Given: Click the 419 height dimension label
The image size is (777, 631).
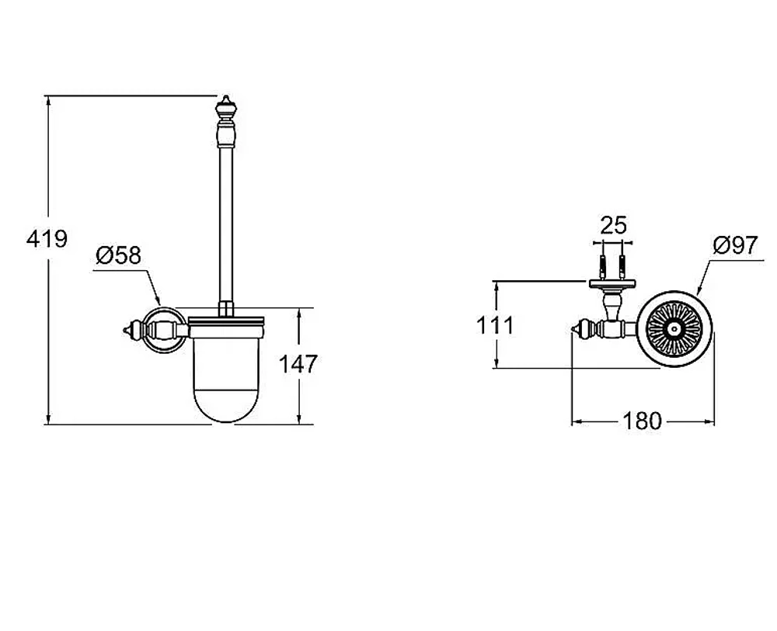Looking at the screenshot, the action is pyautogui.click(x=47, y=239).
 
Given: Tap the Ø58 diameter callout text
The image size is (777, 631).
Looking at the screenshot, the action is pyautogui.click(x=118, y=255).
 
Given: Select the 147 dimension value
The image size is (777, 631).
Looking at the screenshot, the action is pyautogui.click(x=298, y=364).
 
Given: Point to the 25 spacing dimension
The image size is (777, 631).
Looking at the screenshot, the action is pyautogui.click(x=614, y=225).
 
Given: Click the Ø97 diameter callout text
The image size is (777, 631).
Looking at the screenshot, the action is pyautogui.click(x=736, y=245).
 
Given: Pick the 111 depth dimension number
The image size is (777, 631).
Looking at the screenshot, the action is pyautogui.click(x=495, y=326).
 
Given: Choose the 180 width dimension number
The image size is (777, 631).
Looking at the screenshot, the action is pyautogui.click(x=643, y=421).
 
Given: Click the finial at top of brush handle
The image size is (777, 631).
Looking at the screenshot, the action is pyautogui.click(x=226, y=106).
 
